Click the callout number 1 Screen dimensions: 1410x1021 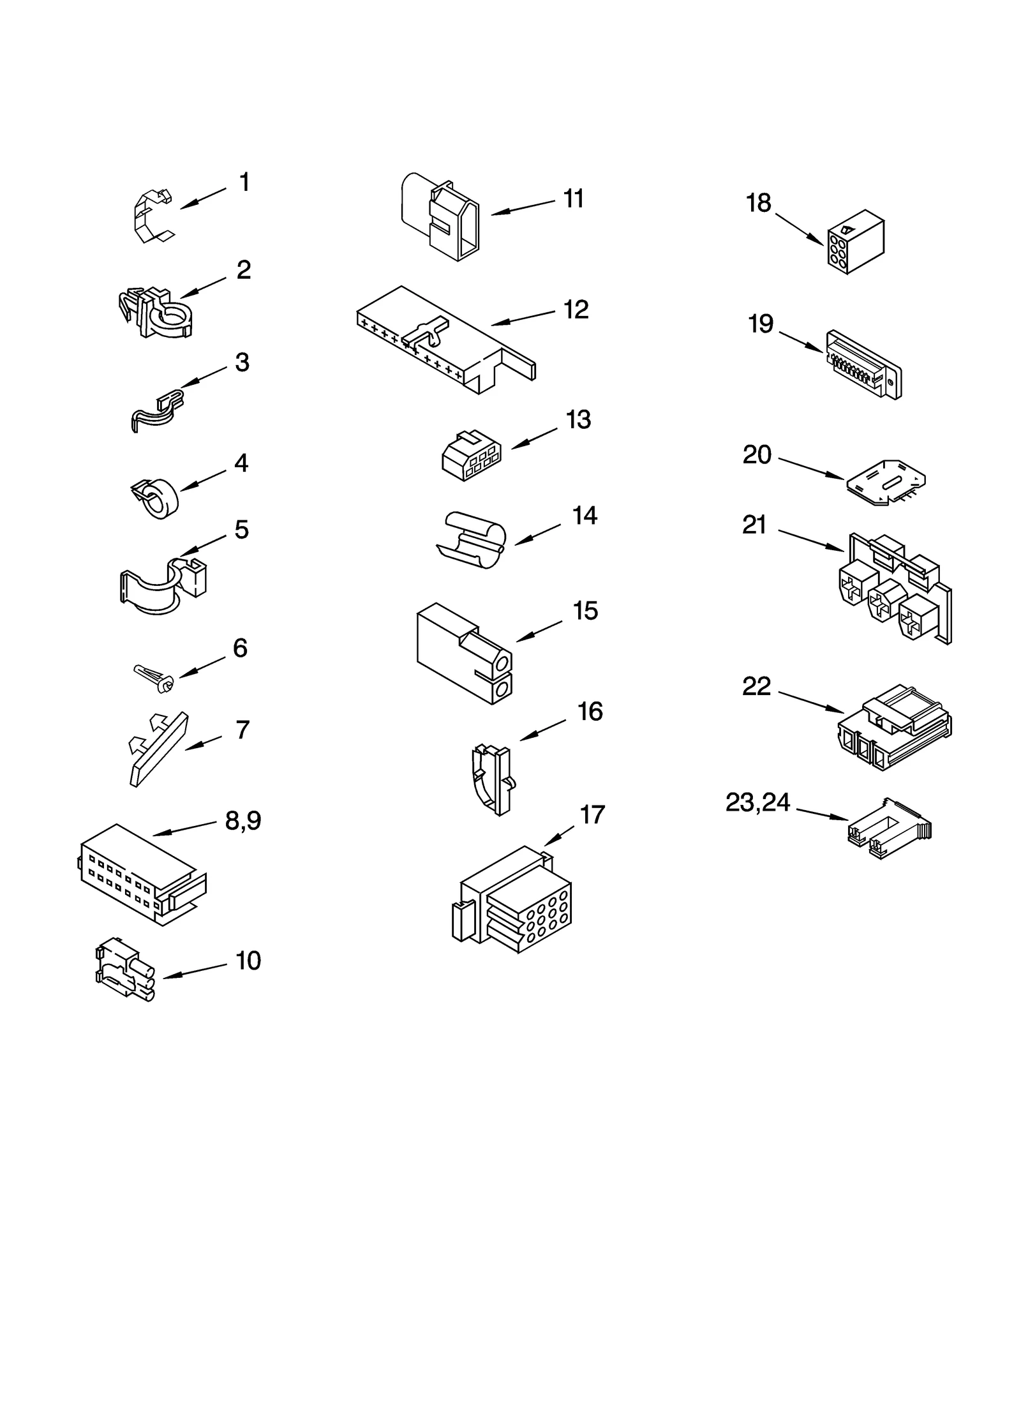click(x=244, y=183)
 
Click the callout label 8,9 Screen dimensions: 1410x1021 click(x=243, y=820)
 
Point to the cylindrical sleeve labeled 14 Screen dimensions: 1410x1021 click(x=472, y=539)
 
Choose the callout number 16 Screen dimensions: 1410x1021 click(x=590, y=712)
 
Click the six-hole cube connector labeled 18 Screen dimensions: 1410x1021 click(x=855, y=243)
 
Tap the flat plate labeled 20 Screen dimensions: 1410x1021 click(x=886, y=482)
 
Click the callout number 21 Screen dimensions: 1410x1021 click(x=754, y=525)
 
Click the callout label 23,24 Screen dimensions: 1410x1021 click(x=757, y=802)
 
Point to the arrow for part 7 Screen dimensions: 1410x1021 click(x=203, y=742)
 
